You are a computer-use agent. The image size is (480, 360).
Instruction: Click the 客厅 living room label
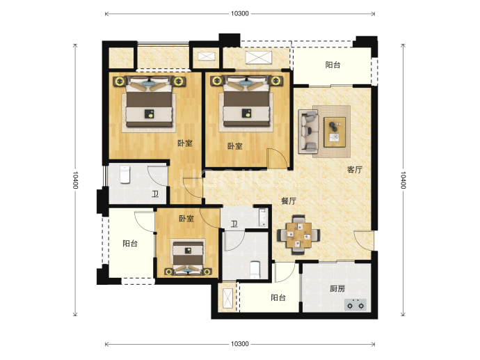click(355, 169)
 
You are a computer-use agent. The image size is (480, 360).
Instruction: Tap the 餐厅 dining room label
click(289, 201)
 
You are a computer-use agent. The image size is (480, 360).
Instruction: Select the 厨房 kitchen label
click(337, 288)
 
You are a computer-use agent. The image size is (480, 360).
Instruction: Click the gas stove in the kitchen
click(355, 305)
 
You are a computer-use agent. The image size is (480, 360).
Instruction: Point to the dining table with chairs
click(298, 235)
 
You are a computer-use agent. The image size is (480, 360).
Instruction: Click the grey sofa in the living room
click(309, 132)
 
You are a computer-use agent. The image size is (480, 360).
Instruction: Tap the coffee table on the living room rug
click(335, 132)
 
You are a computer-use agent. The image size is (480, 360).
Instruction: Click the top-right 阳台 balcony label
click(333, 65)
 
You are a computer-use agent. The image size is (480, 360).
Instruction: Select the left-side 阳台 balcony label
click(130, 244)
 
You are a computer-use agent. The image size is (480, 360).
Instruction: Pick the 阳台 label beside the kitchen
click(278, 297)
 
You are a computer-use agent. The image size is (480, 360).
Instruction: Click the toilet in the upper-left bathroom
click(125, 175)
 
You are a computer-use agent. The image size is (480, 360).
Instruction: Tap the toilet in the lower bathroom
click(255, 270)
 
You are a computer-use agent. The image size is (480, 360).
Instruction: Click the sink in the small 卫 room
click(263, 217)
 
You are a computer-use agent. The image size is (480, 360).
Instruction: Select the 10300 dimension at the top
click(240, 13)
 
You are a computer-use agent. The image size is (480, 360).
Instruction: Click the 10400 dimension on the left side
click(75, 180)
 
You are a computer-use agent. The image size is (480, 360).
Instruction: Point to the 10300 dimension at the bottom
click(240, 344)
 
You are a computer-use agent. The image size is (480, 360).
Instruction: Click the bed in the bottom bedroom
click(188, 258)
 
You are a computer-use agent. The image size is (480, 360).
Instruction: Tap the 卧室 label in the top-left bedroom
click(185, 143)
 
